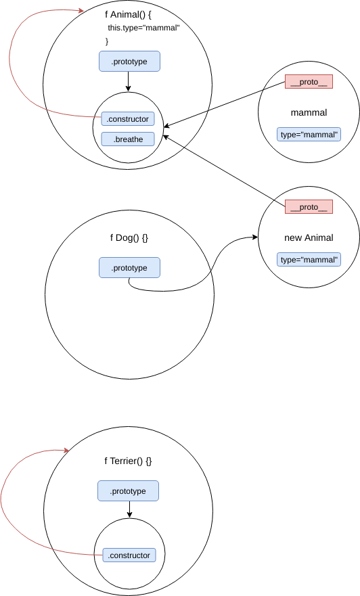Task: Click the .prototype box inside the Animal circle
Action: (129, 62)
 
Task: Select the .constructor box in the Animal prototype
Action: (128, 119)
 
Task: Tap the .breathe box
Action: (128, 139)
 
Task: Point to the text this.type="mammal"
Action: (143, 28)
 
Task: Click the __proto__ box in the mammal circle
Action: (309, 82)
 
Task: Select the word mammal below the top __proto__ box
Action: (309, 112)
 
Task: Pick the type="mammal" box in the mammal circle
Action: (309, 135)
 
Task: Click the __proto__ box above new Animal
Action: (309, 207)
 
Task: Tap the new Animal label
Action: (309, 237)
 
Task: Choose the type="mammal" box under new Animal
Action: (309, 260)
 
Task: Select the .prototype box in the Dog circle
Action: (129, 268)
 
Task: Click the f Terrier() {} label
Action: (128, 461)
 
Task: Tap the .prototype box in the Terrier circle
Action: (128, 491)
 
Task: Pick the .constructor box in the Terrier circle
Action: (128, 555)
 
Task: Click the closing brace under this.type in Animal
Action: (107, 42)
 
